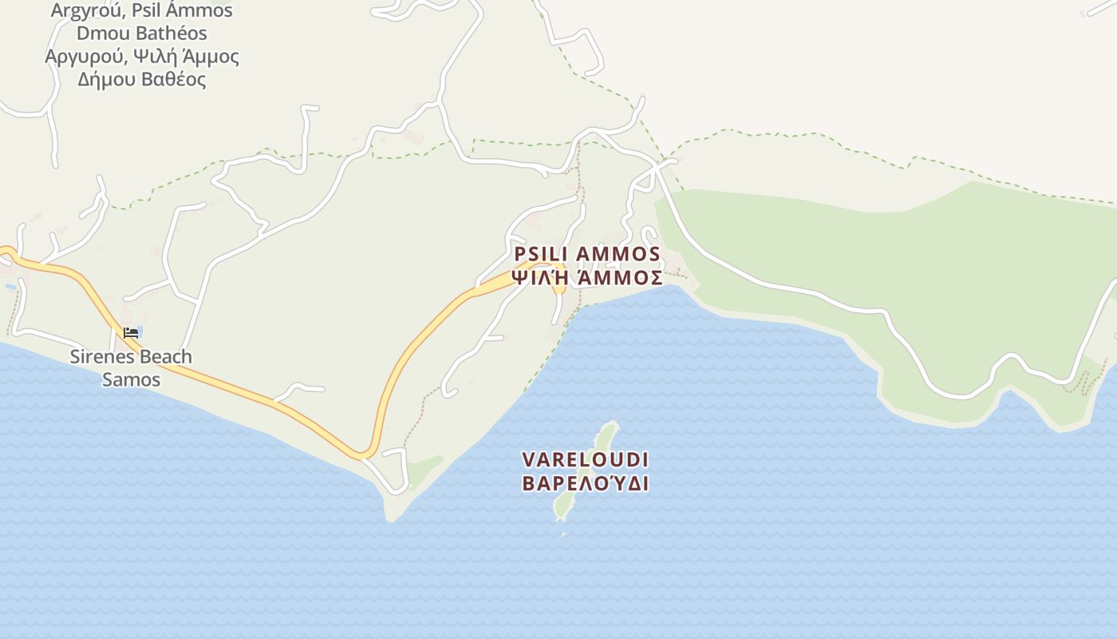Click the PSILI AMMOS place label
587,254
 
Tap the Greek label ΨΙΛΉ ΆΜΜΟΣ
587,278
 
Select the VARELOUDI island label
585,460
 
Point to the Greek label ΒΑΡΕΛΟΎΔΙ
585,483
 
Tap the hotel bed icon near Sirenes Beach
131,332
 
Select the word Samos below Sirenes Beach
132,379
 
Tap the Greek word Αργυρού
82,57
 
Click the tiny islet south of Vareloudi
563,534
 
